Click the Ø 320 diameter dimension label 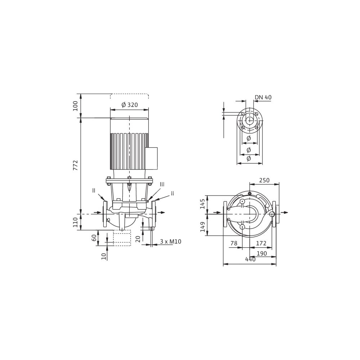click(x=130, y=105)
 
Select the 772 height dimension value click(x=76, y=165)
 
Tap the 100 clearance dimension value click(x=76, y=105)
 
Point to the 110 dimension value click(x=76, y=222)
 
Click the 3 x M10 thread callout click(x=171, y=242)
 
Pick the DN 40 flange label click(x=263, y=97)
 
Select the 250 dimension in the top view click(x=264, y=180)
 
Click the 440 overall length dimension click(x=250, y=259)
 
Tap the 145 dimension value click(x=202, y=204)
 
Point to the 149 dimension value click(x=202, y=227)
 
